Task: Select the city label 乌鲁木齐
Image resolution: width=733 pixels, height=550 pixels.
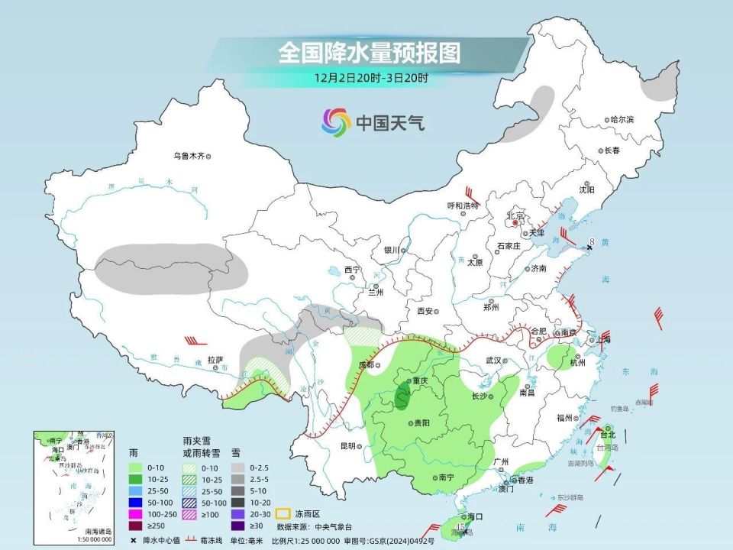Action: (x=188, y=156)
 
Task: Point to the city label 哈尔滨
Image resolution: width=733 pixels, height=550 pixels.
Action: (x=622, y=120)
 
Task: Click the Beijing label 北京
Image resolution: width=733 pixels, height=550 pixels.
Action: (x=517, y=216)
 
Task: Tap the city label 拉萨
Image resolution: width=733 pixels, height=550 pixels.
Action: (x=215, y=360)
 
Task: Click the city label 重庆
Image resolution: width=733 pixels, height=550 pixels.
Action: (x=421, y=380)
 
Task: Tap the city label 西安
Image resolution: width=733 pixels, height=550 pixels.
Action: (x=425, y=311)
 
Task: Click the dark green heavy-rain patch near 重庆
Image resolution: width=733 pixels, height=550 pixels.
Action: (x=402, y=395)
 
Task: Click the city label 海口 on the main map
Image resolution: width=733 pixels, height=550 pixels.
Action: (x=475, y=517)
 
